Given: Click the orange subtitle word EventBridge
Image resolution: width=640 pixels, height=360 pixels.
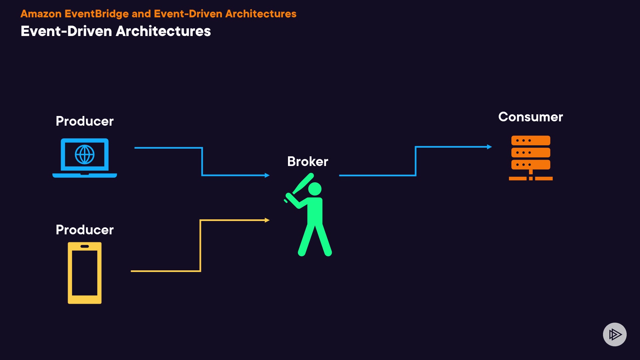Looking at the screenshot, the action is point(96,14).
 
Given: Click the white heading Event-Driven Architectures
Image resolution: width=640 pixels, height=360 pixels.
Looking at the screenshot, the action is point(116,31).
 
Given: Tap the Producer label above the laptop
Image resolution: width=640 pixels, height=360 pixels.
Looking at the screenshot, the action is point(85,121).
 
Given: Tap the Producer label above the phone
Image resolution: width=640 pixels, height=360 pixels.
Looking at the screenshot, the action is point(85,230).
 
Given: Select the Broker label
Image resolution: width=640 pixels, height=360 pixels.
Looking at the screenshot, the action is point(308,161).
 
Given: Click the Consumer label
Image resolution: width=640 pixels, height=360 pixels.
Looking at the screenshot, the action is point(530,117).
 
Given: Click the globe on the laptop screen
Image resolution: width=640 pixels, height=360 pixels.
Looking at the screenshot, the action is point(85,154).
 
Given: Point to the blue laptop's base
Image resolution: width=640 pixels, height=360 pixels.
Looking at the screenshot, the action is point(85,175).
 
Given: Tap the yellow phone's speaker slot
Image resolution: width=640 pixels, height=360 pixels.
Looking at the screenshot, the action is point(85,246).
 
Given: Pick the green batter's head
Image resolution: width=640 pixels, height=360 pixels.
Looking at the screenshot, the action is point(315,189).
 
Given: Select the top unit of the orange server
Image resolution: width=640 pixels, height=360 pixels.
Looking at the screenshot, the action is point(531,140).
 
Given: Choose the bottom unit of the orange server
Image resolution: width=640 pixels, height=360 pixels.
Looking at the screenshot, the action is point(531,165).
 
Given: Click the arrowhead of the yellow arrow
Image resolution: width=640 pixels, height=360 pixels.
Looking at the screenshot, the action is point(267,220).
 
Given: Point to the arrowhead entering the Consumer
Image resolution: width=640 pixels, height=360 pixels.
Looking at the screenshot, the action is point(489,147).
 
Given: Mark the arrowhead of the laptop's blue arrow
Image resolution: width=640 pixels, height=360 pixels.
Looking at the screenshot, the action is point(267,175).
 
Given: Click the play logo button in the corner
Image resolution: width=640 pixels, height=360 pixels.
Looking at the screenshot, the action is point(615,334).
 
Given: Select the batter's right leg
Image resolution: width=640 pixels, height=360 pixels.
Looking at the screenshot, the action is point(324,240).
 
